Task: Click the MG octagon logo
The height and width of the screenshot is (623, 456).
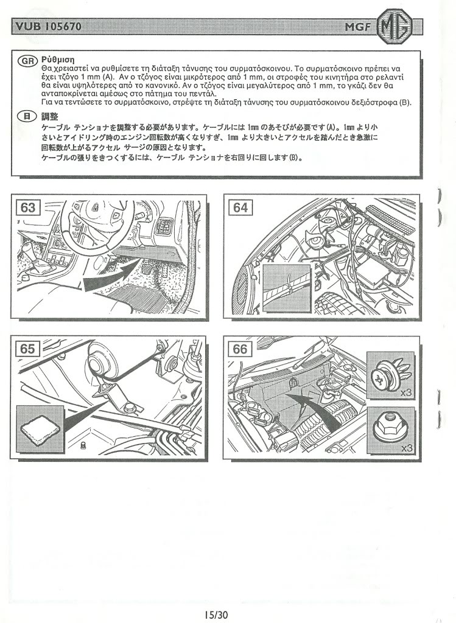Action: [395, 26]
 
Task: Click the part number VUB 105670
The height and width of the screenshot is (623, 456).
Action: [48, 26]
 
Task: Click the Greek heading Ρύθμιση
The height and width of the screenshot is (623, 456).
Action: [57, 60]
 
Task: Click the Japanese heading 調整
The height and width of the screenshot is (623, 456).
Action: [49, 116]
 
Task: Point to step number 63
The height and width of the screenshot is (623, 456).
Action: [28, 207]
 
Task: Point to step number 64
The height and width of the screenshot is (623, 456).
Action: [240, 207]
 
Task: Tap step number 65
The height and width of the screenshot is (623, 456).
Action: [28, 349]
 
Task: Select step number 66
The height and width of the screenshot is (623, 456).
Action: [240, 349]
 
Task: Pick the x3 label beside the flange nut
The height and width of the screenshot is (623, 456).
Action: [406, 448]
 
